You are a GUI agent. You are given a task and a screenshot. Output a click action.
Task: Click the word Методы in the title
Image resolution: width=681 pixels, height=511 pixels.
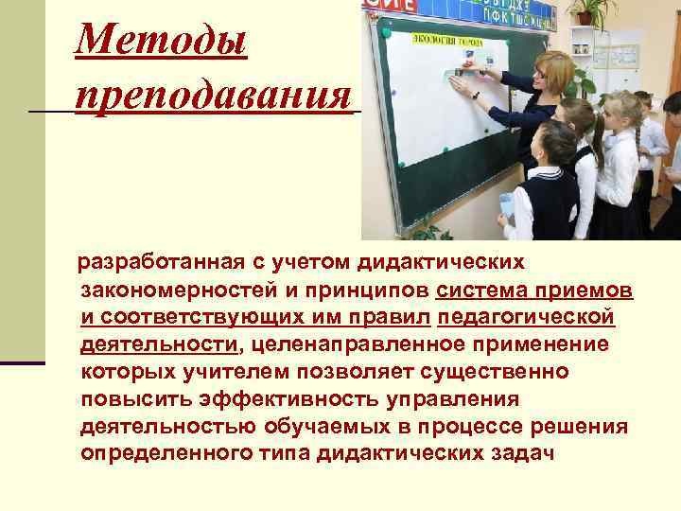[161, 43]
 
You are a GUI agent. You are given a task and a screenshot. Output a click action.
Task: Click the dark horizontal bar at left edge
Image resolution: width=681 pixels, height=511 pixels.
[23, 362]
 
